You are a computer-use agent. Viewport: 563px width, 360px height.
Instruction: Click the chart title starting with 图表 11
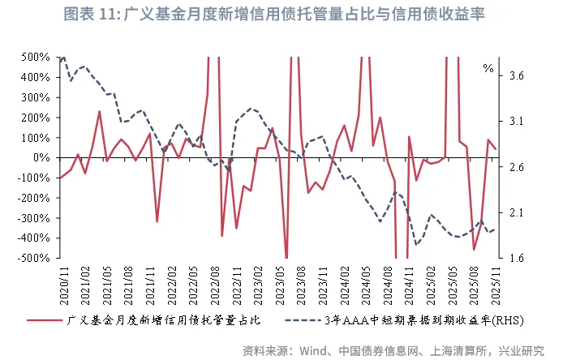(281, 16)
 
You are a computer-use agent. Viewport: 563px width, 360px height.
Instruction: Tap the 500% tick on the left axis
(36, 58)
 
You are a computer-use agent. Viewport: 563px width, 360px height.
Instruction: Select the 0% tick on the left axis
(41, 158)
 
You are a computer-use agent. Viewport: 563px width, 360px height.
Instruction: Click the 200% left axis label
(36, 118)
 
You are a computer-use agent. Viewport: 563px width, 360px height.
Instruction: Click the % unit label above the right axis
(488, 69)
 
